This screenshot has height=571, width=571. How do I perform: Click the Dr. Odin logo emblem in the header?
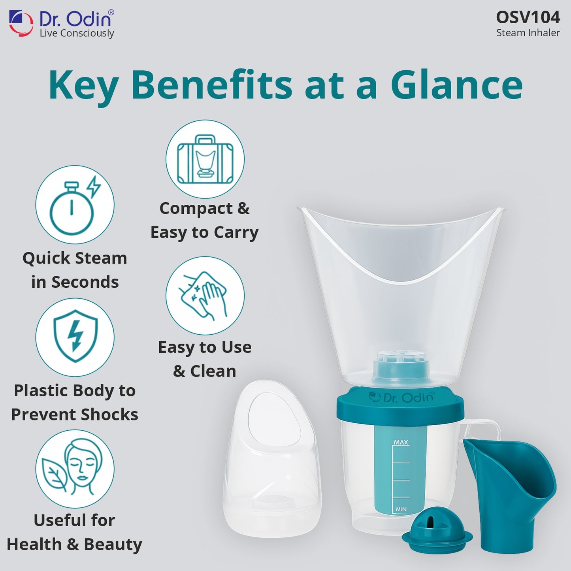(x=21, y=23)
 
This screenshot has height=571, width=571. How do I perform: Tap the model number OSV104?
(x=528, y=17)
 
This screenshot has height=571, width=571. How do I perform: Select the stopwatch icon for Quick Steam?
(x=75, y=205)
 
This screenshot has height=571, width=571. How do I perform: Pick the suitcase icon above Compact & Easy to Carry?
(x=205, y=159)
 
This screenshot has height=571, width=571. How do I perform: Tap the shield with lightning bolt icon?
(x=75, y=337)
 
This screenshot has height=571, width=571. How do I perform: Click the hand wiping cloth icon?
(x=205, y=296)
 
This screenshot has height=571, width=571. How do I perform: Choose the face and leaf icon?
(x=75, y=469)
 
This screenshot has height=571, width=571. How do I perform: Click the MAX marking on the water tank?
(x=401, y=443)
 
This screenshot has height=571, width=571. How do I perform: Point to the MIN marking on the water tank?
(x=401, y=509)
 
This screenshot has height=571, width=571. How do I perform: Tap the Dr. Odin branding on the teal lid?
(x=401, y=397)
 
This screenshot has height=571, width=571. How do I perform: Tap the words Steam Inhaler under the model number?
(x=528, y=33)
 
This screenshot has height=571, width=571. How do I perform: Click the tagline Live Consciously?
(x=77, y=34)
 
